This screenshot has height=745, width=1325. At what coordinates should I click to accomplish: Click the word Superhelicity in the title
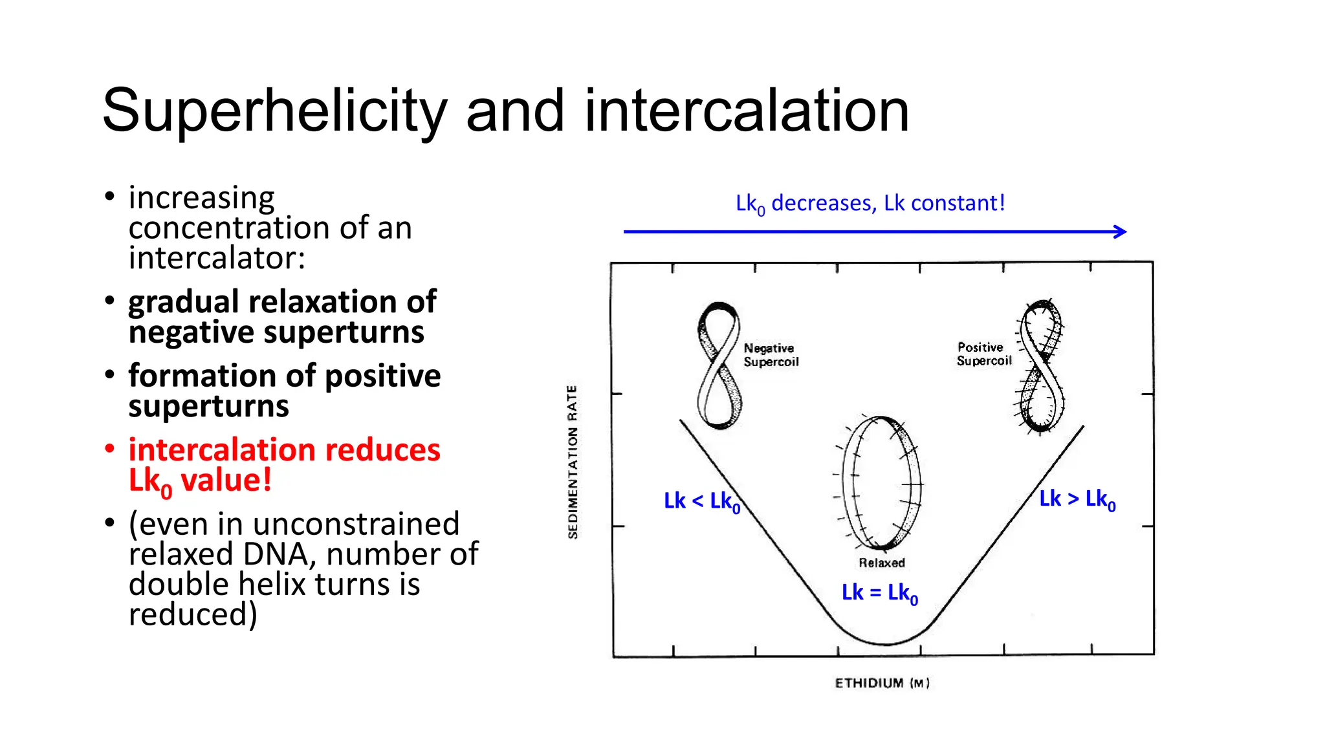274,111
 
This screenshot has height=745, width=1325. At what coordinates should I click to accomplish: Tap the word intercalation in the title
747,111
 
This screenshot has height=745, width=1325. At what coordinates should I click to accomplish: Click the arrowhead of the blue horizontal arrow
1122,232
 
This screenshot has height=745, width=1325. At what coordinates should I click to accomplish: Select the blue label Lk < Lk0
701,501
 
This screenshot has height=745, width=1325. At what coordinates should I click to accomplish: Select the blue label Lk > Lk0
1077,499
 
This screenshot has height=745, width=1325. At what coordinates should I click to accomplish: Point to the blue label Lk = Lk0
879,593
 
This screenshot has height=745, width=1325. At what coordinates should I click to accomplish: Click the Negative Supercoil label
771,355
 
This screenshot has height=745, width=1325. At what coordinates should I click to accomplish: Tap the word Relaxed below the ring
881,563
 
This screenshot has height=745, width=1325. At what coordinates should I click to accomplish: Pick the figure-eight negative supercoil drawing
719,365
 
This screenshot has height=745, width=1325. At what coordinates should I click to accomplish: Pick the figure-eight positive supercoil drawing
1041,365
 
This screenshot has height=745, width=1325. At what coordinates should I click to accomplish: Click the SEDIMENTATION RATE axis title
573,462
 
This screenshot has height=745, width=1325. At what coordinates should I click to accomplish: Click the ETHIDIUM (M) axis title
881,684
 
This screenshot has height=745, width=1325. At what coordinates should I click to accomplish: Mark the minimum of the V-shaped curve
885,644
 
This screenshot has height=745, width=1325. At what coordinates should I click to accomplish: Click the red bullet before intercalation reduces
110,448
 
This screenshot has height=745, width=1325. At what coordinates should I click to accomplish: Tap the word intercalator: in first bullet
217,258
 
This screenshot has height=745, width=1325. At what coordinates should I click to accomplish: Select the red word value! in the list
226,480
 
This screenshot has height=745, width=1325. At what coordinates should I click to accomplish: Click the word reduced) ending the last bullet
193,614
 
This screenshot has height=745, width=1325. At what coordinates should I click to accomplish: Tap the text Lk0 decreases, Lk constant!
870,204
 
